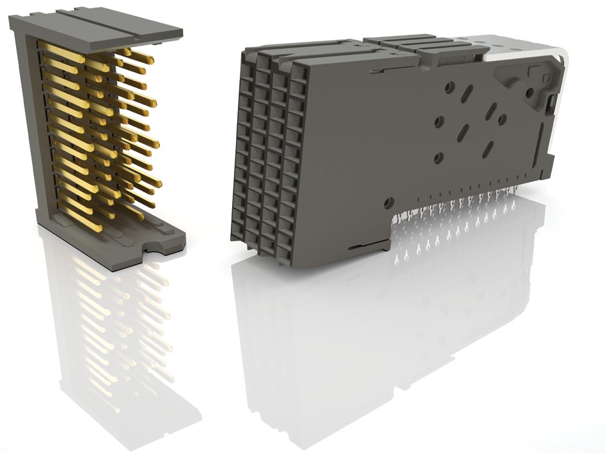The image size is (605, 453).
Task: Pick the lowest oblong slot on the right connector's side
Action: tap(489, 149)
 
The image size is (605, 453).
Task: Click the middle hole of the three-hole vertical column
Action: tap(439, 120)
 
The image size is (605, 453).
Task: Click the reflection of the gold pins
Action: tap(116, 322)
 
